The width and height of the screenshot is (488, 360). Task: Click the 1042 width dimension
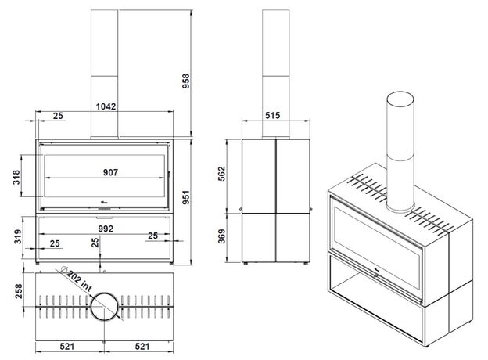[x=106, y=106]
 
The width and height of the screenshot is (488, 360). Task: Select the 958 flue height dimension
[x=186, y=81]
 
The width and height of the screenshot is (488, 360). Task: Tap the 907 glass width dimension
[x=110, y=172]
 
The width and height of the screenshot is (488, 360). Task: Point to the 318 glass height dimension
[x=16, y=177]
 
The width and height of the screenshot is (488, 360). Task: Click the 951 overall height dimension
[x=186, y=197]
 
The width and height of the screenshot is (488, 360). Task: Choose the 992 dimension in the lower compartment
[x=106, y=229]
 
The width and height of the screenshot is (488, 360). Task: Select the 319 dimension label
[x=18, y=236]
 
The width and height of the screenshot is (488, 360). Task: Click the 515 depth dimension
[x=273, y=116]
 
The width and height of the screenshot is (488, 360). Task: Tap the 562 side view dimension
[x=221, y=174]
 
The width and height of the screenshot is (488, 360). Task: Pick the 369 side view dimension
[x=221, y=236]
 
